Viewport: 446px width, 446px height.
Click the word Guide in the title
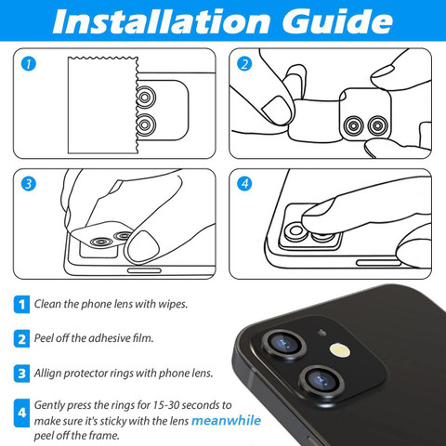pyautogui.click(x=337, y=21)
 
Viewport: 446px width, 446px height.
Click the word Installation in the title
pyautogui.click(x=161, y=21)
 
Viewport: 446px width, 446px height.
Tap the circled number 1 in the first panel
pyautogui.click(x=29, y=64)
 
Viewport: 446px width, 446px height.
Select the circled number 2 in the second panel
pyautogui.click(x=244, y=64)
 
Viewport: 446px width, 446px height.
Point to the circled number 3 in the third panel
pyautogui.click(x=29, y=184)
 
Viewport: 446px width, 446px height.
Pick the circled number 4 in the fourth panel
pyautogui.click(x=244, y=184)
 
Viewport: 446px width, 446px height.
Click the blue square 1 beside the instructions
pyautogui.click(x=21, y=305)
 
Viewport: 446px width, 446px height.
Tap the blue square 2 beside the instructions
pyautogui.click(x=21, y=339)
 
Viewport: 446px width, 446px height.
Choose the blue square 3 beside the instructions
pyautogui.click(x=21, y=374)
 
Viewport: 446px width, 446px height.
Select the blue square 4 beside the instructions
pyautogui.click(x=21, y=413)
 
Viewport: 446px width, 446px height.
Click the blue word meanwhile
pyautogui.click(x=227, y=421)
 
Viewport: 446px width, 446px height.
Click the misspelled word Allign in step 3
pyautogui.click(x=47, y=373)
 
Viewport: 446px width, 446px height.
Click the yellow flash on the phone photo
pyautogui.click(x=340, y=350)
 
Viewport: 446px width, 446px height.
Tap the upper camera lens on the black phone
pyautogui.click(x=284, y=344)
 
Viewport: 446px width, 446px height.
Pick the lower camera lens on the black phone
pyautogui.click(x=322, y=380)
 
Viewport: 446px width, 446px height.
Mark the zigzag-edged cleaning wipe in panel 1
pyautogui.click(x=103, y=105)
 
